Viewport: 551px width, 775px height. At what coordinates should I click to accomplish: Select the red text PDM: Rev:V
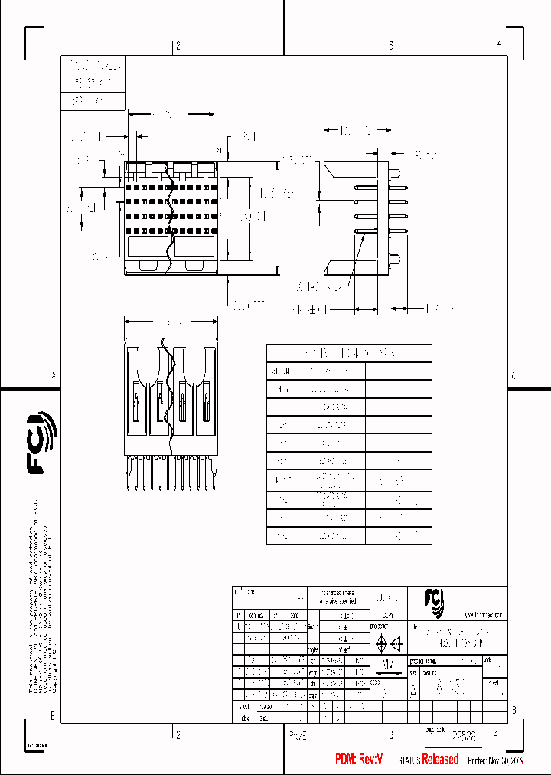(358, 759)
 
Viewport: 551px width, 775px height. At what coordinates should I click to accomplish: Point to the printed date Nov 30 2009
(503, 760)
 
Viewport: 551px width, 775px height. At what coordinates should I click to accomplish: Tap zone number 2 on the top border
(178, 47)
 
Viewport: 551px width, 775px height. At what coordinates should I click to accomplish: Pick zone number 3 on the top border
(391, 47)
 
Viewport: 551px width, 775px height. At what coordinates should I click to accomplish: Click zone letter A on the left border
(54, 375)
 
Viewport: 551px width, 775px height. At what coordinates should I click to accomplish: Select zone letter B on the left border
(53, 717)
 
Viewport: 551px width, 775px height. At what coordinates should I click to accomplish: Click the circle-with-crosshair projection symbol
(382, 644)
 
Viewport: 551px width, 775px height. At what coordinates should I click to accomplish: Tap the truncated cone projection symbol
(397, 644)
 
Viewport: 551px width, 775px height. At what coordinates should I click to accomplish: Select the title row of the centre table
(348, 353)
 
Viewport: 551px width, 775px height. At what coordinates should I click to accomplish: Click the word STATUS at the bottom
(409, 760)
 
